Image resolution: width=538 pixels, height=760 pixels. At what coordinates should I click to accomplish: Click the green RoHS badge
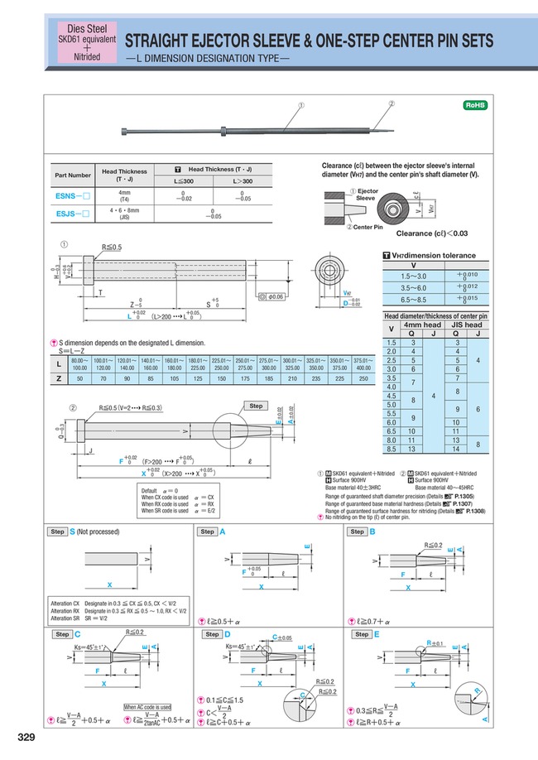pyautogui.click(x=473, y=106)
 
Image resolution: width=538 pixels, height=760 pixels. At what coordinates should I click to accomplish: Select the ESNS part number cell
pyautogui.click(x=72, y=196)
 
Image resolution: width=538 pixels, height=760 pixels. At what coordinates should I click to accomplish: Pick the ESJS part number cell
pyautogui.click(x=72, y=213)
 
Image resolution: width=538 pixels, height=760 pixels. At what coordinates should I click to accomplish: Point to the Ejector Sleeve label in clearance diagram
pyautogui.click(x=367, y=195)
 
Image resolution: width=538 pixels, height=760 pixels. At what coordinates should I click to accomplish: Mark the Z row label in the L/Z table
pyautogui.click(x=57, y=378)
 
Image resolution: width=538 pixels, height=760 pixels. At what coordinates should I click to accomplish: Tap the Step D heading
pyautogui.click(x=214, y=633)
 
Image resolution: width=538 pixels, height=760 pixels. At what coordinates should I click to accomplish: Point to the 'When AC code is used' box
pyautogui.click(x=147, y=707)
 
